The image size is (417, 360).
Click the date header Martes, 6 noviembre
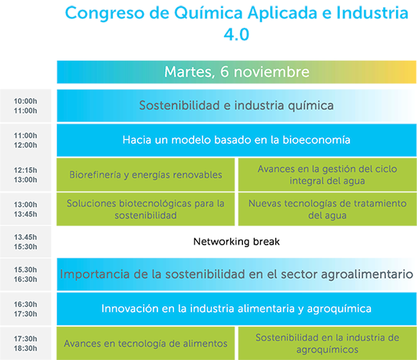pos(236,72)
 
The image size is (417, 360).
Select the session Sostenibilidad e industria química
pos(236,105)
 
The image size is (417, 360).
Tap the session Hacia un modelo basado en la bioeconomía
pos(236,140)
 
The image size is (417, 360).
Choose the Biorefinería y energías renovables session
pos(146,175)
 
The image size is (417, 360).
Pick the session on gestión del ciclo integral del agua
pos(328,175)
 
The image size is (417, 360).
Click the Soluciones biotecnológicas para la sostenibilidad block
pos(146,209)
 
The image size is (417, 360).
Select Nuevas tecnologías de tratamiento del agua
pos(328,209)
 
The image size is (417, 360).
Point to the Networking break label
pos(236,241)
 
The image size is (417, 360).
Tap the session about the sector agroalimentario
pos(236,274)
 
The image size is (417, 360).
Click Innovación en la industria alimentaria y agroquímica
pos(236,309)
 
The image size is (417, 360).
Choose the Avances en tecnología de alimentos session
pos(146,343)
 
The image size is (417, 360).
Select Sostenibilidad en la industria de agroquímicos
pos(328,343)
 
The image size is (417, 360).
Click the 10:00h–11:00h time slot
pos(26,106)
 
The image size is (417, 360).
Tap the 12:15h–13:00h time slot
pos(26,175)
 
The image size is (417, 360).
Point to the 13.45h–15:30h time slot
pos(26,242)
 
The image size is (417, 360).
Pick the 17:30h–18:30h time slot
pos(26,343)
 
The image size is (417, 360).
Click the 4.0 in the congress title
pos(236,35)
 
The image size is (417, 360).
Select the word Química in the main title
pos(208,13)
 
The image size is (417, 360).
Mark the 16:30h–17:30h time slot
pos(26,309)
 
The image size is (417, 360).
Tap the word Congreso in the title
pos(105,13)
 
